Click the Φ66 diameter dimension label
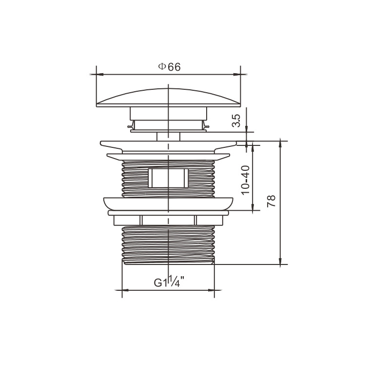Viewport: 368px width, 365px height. coord(170,67)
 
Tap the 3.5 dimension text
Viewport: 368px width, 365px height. coord(236,121)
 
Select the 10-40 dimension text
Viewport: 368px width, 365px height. coord(246,180)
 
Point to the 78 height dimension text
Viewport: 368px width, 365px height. coord(271,201)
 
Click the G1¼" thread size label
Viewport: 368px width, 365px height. coord(169,282)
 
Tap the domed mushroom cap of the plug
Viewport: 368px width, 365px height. coord(168,98)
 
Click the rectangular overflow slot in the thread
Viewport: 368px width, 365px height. coord(168,178)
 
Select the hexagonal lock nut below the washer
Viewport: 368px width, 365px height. coord(168,221)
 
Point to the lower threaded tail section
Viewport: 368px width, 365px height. coord(168,245)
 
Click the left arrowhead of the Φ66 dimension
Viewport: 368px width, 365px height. coord(99,75)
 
